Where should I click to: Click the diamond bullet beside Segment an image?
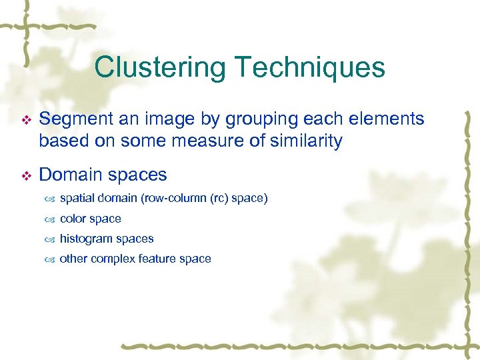click(26, 120)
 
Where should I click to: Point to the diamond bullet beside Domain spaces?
click(26, 176)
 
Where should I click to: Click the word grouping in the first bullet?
click(256, 119)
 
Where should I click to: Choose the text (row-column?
click(164, 199)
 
